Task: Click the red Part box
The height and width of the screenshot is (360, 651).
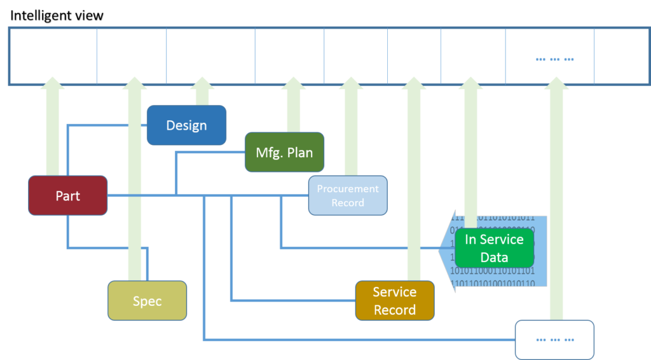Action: tap(67, 195)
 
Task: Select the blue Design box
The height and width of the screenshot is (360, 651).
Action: tap(186, 125)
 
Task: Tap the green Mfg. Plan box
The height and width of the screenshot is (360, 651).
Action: tap(284, 152)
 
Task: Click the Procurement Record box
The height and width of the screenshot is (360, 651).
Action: tap(348, 195)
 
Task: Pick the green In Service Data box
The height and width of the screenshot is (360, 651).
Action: tap(494, 248)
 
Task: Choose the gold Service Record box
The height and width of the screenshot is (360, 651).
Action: tap(394, 300)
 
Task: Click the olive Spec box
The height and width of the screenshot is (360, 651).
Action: tap(147, 301)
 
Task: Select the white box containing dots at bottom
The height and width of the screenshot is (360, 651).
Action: tap(554, 340)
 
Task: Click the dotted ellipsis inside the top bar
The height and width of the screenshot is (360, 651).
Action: tap(554, 59)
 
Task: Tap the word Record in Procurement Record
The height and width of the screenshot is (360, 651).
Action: tap(348, 203)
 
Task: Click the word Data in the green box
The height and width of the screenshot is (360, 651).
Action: tap(494, 258)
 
